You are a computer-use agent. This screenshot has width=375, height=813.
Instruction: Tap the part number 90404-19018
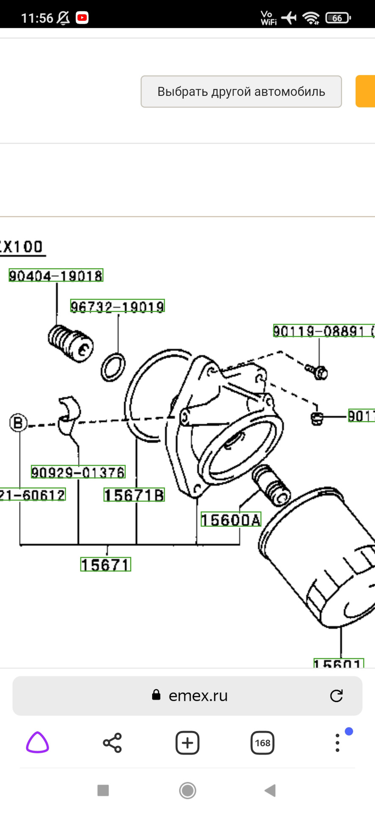click(x=56, y=276)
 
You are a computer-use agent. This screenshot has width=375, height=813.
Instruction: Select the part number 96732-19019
click(x=117, y=306)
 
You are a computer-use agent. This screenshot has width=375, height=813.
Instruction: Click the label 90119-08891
click(x=319, y=331)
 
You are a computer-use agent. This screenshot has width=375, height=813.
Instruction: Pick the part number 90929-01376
click(x=78, y=472)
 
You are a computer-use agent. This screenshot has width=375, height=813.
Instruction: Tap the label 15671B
click(x=134, y=495)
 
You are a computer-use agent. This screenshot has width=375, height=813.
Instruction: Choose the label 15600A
click(x=231, y=520)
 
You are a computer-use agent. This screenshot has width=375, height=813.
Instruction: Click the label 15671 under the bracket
click(x=106, y=564)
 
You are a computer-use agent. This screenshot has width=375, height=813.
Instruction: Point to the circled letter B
click(x=18, y=423)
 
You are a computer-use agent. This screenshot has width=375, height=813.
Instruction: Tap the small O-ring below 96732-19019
click(x=113, y=366)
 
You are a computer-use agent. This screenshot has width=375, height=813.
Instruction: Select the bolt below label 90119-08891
click(x=317, y=371)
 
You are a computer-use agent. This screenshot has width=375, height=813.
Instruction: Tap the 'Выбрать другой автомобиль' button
click(x=241, y=91)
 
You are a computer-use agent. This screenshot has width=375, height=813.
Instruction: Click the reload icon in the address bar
click(x=336, y=696)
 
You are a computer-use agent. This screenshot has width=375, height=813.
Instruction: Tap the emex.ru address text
click(x=198, y=696)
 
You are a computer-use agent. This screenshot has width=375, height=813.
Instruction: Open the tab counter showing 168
click(x=262, y=742)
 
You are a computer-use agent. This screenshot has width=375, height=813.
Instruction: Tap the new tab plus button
click(x=187, y=742)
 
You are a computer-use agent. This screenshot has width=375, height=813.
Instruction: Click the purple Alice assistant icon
click(x=38, y=742)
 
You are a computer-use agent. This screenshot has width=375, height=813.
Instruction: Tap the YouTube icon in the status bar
click(x=82, y=18)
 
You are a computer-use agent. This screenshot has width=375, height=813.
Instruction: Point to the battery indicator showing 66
click(x=337, y=18)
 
